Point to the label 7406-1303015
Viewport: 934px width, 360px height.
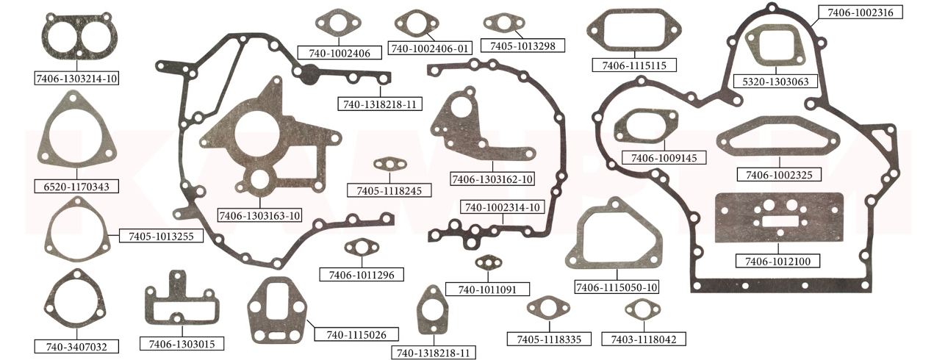182,344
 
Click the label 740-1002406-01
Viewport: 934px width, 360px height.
430,48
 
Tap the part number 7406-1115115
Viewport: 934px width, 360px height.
633,65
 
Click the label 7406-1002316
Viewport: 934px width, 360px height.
860,12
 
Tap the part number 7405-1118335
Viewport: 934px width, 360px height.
549,339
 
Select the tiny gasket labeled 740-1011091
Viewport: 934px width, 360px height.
488,262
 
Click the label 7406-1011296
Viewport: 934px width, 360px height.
357,275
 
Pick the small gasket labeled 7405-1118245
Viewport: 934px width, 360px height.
388,164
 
